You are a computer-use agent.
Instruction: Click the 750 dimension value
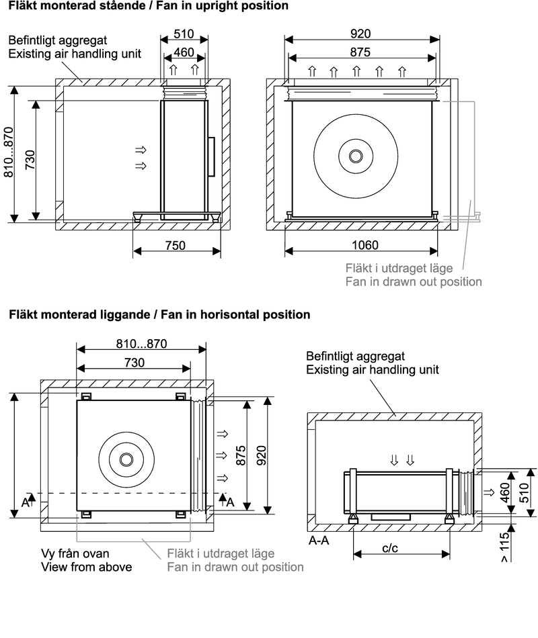pos(176,246)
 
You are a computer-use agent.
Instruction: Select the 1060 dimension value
pos(365,246)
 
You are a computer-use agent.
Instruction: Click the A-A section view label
pos(319,540)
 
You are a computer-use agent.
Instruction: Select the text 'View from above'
pos(86,567)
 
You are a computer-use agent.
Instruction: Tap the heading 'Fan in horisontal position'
pos(232,314)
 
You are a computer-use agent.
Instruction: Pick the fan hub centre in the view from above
pos(126,459)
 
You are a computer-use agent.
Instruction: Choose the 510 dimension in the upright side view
pos(184,34)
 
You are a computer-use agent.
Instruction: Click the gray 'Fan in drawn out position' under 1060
pos(413,282)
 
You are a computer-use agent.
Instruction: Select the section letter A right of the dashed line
pos(229,501)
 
